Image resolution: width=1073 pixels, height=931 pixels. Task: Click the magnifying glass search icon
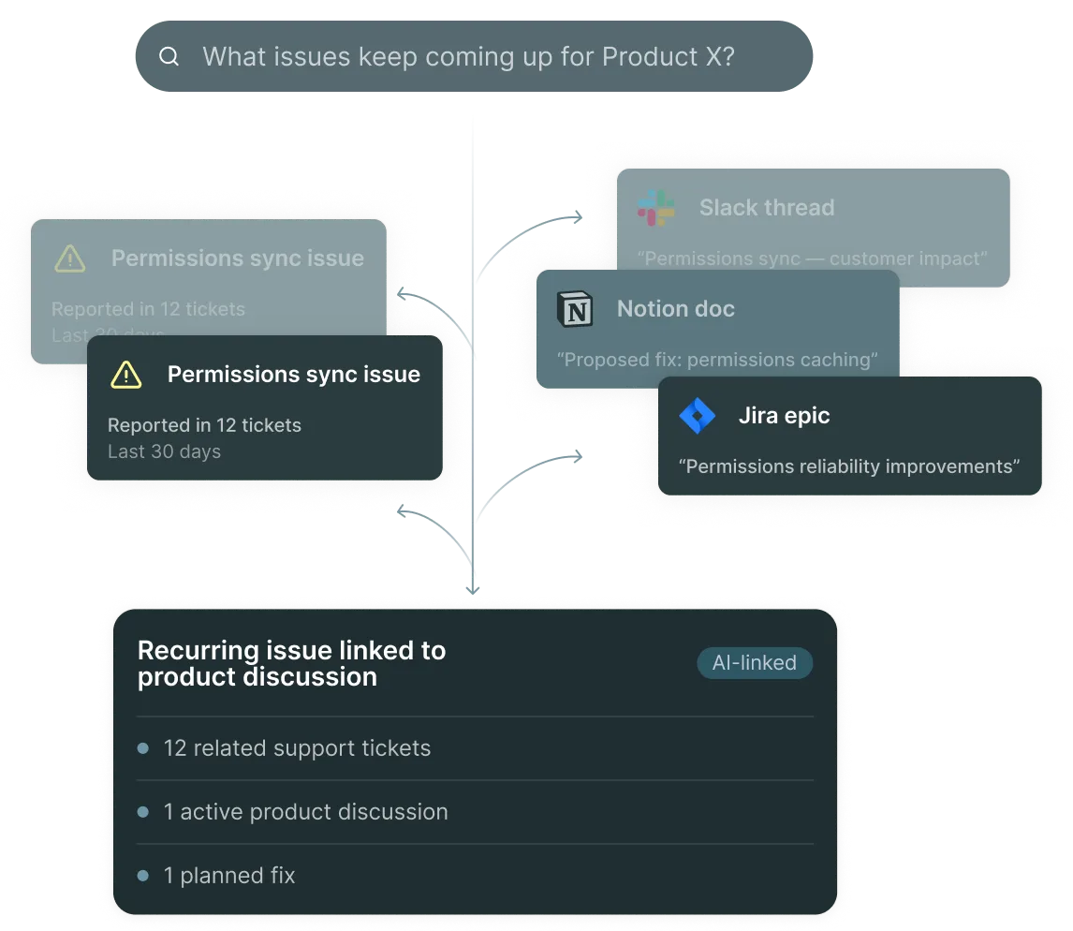(x=169, y=57)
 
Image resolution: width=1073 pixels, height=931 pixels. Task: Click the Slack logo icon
(x=656, y=207)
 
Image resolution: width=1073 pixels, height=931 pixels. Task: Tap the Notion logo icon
(x=575, y=309)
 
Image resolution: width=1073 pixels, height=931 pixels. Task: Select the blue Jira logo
(x=697, y=416)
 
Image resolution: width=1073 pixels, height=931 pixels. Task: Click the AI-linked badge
(x=755, y=663)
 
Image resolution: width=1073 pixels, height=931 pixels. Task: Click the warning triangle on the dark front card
(x=125, y=375)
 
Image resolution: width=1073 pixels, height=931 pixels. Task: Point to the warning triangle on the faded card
(x=70, y=259)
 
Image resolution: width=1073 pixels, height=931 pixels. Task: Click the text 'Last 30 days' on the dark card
(x=164, y=451)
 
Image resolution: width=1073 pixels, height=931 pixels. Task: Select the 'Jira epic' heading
(x=784, y=416)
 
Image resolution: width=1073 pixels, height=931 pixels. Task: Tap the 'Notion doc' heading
(x=675, y=309)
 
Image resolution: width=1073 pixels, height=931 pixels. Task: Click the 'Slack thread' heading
(x=766, y=208)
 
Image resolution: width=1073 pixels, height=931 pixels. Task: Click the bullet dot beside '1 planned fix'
(x=143, y=876)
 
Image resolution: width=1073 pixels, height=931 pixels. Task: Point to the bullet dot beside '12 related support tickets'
(x=143, y=748)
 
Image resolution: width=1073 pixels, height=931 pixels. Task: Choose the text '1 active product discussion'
(x=305, y=812)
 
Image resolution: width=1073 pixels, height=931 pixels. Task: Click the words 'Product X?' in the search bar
(x=668, y=57)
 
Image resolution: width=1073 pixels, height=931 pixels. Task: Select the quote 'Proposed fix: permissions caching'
(x=717, y=360)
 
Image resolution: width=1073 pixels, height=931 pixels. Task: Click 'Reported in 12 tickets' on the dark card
(x=204, y=425)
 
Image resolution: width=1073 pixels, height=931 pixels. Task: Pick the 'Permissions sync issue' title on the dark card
(x=293, y=375)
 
